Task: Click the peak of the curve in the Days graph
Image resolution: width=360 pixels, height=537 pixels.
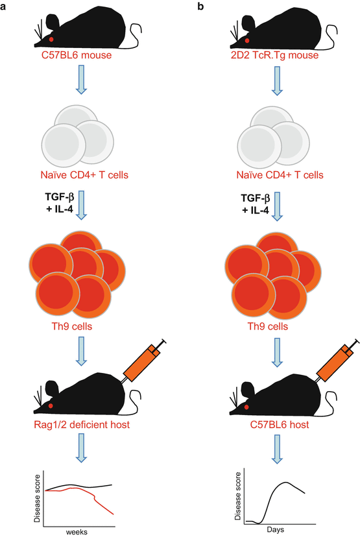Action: (285, 483)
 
